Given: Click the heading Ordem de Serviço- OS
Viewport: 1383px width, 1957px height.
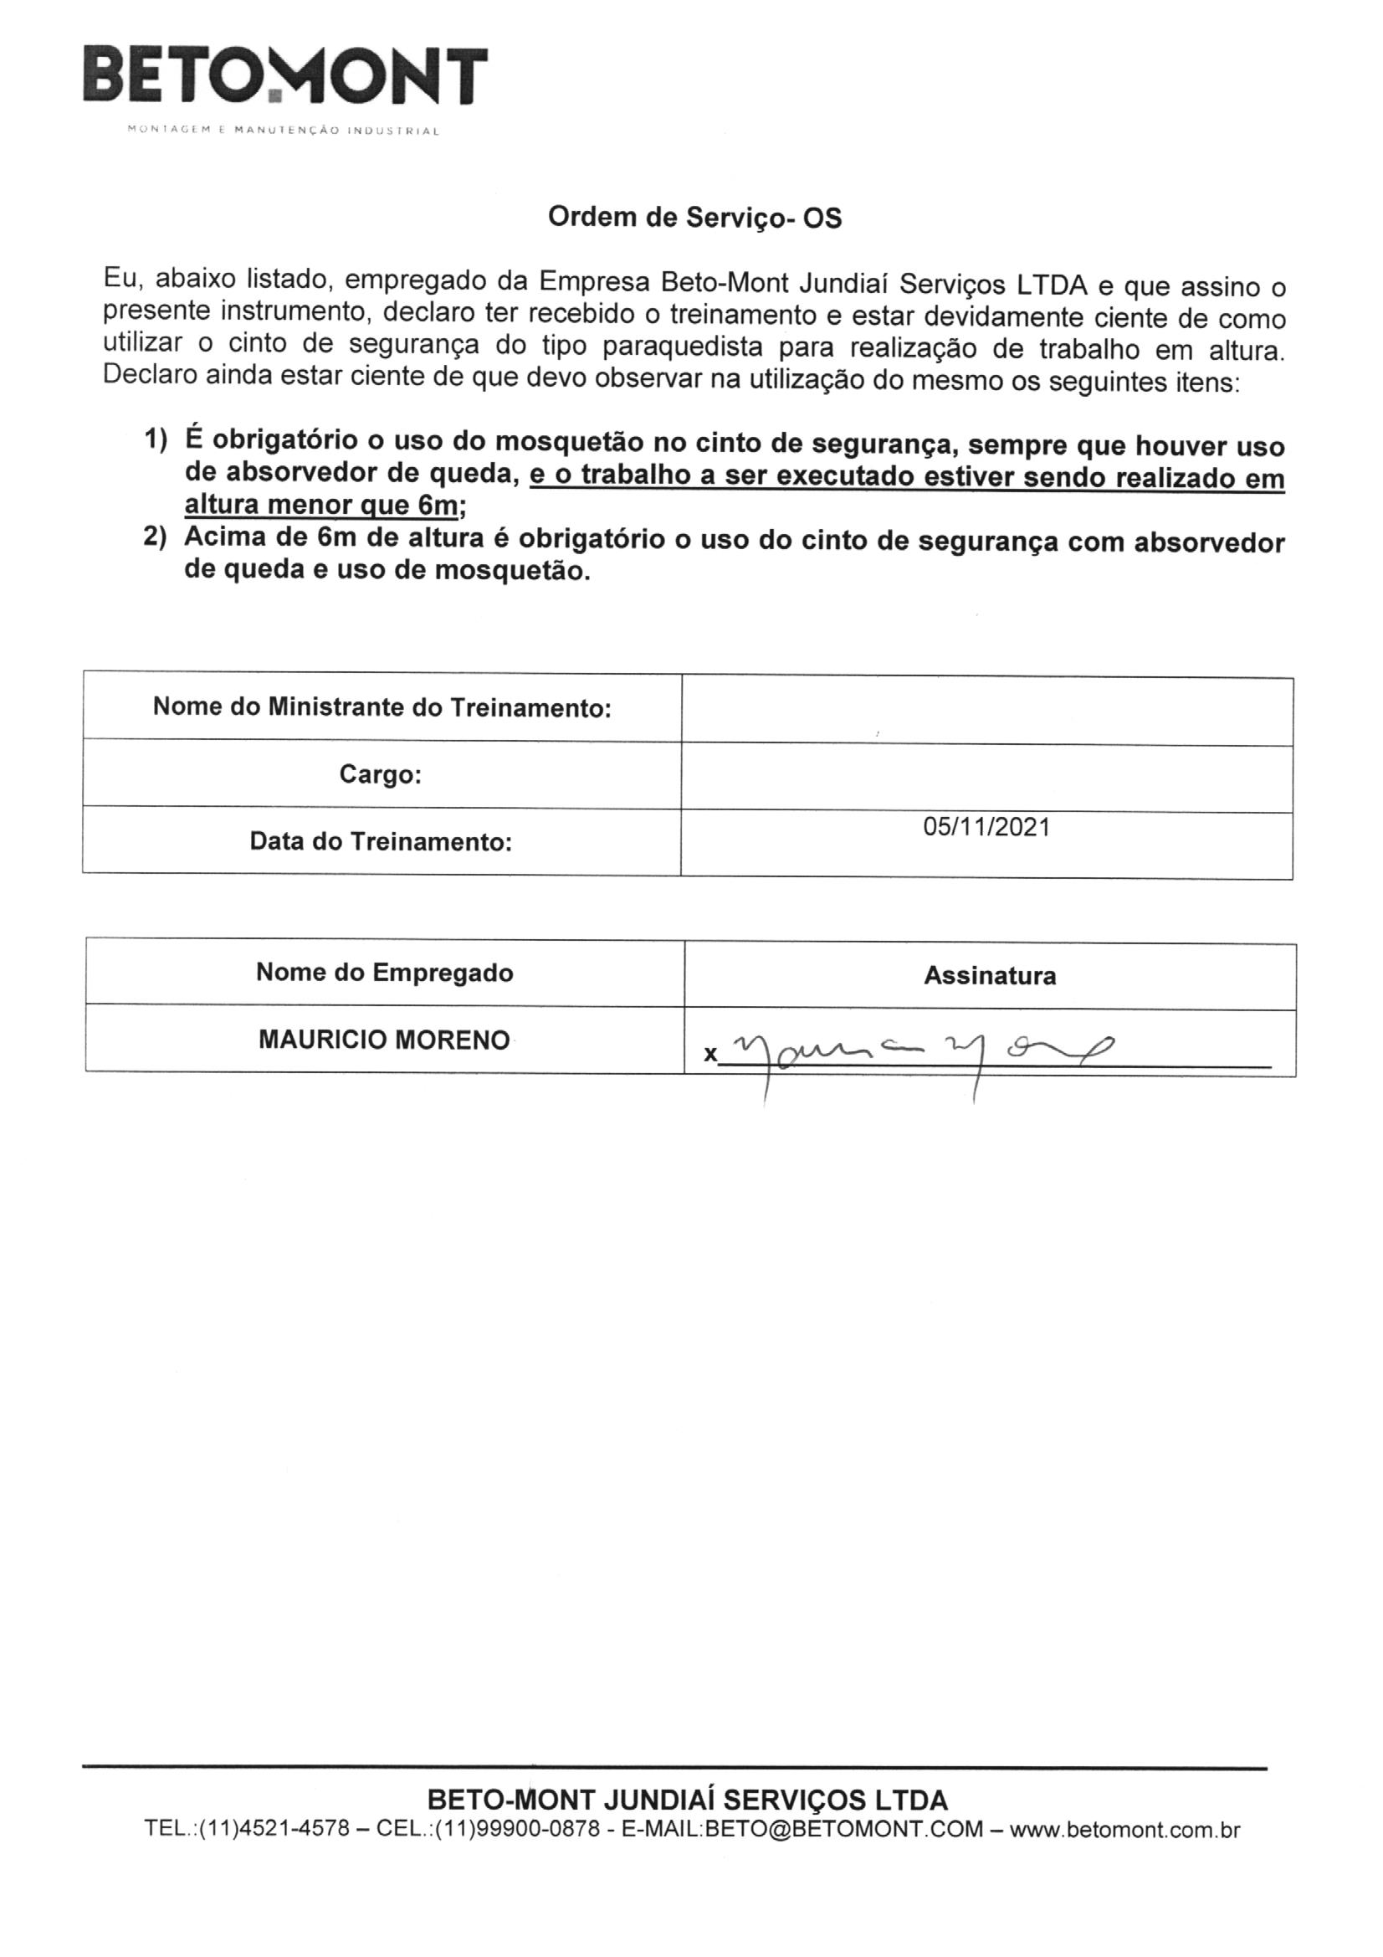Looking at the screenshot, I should [694, 218].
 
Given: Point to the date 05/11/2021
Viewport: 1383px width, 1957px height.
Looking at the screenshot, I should [986, 827].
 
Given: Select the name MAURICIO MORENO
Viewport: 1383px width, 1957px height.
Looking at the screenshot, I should [384, 1040].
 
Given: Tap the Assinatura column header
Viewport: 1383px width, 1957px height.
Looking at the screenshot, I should [989, 976].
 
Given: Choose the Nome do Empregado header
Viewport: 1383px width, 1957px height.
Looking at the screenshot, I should [384, 973].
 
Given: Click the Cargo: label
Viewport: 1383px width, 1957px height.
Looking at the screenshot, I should [380, 774].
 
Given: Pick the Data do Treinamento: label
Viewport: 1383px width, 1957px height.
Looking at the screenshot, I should [380, 841].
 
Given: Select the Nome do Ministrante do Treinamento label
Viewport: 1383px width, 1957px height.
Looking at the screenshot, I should [382, 706].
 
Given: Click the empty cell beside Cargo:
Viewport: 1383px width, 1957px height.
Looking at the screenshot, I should [986, 778].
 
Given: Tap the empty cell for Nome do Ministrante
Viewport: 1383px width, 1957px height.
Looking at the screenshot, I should [986, 710].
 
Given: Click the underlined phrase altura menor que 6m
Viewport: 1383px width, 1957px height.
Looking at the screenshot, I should [321, 506].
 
